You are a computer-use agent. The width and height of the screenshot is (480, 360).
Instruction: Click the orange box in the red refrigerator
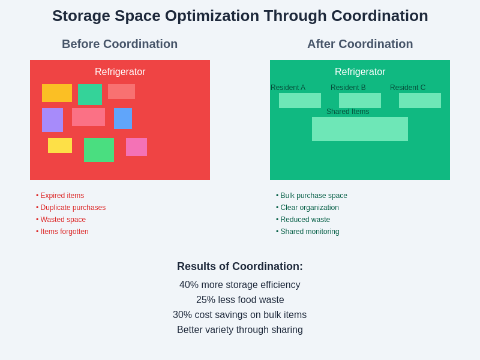point(57,93)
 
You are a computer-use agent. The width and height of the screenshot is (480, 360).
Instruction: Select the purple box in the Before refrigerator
point(52,120)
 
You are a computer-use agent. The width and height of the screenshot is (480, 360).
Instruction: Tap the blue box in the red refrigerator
point(123,118)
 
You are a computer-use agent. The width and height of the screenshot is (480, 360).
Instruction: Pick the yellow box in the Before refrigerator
point(60,145)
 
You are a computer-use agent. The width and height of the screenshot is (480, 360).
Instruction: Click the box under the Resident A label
point(300,100)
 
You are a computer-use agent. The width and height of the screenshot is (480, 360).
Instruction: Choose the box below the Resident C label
point(420,100)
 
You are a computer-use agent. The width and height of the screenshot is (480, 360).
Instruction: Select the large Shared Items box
point(360,129)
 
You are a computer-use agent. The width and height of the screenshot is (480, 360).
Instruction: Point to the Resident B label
point(348,88)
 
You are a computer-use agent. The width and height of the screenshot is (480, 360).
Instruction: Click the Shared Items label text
point(348,112)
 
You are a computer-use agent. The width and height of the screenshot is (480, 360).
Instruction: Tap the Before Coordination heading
point(119,44)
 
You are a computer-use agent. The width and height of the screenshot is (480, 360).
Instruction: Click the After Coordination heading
point(360,44)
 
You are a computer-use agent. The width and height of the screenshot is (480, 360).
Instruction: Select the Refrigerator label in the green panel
point(360,72)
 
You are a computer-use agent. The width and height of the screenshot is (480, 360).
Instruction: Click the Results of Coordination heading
point(240,266)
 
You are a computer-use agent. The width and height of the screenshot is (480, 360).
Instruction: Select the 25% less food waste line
point(240,300)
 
